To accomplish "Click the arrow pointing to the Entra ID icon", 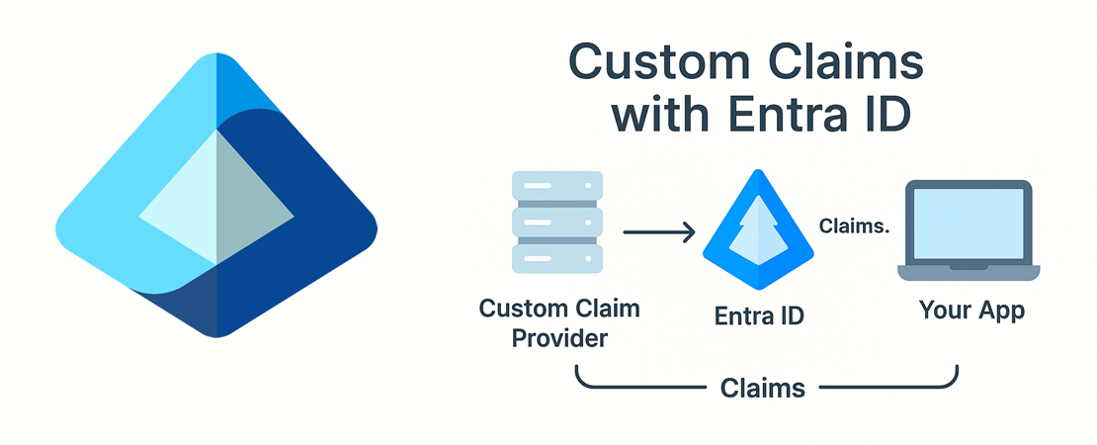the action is [x=658, y=232].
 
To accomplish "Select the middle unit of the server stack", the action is [x=556, y=222].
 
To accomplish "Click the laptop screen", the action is [x=969, y=222].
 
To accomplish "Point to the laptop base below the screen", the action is [x=969, y=273].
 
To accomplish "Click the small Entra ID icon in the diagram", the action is [x=758, y=228].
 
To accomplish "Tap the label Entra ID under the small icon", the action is [x=759, y=316].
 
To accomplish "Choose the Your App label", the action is [x=971, y=311].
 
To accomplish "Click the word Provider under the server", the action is [x=559, y=338].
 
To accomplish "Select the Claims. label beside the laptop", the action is [x=854, y=225].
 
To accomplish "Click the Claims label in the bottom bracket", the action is [x=763, y=387].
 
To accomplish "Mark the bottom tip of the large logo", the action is [x=216, y=336].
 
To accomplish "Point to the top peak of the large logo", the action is [x=216, y=53].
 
